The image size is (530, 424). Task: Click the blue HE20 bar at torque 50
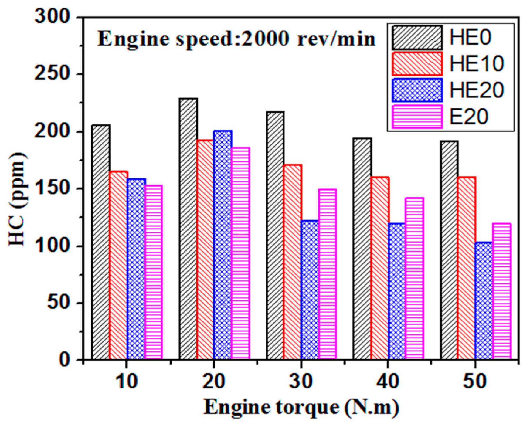pyautogui.click(x=484, y=301)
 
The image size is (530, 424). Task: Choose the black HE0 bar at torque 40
pyautogui.click(x=362, y=249)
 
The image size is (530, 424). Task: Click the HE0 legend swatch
pyautogui.click(x=417, y=38)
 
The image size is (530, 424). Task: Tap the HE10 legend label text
pyautogui.click(x=476, y=64)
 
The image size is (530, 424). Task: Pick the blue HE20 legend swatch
pyautogui.click(x=417, y=90)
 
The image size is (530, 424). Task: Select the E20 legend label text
pyautogui.click(x=469, y=117)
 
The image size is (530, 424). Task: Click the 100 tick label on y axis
pyautogui.click(x=52, y=246)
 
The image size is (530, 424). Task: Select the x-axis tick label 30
pyautogui.click(x=301, y=381)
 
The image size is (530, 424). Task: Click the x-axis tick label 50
pyautogui.click(x=475, y=381)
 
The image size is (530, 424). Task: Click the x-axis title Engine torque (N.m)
pyautogui.click(x=301, y=407)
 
